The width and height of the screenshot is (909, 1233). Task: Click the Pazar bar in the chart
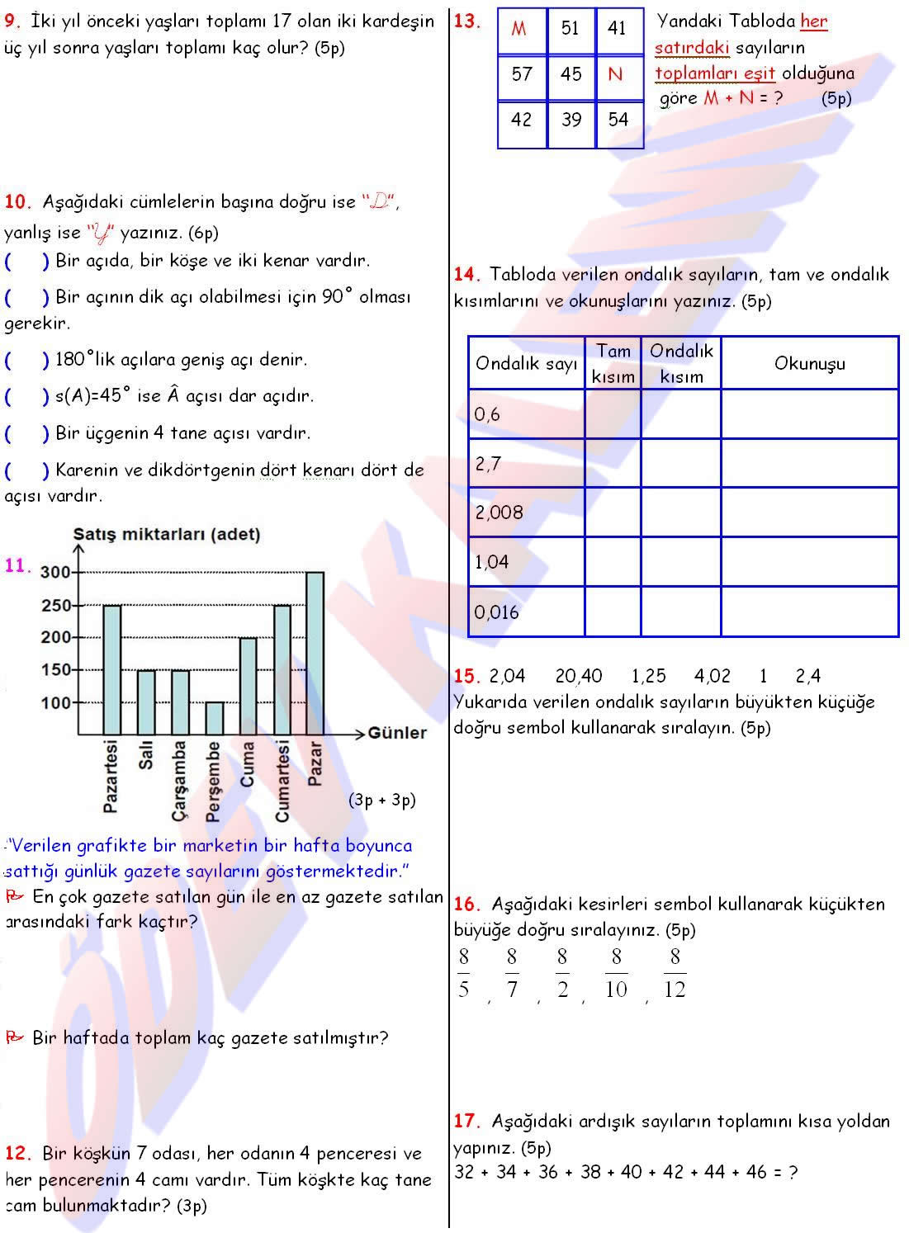tap(315, 653)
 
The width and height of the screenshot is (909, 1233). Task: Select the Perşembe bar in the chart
tap(214, 718)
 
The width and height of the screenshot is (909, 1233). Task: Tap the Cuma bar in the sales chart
tap(247, 686)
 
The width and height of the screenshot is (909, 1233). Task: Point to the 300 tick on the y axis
tap(55, 572)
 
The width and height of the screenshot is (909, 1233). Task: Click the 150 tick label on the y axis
tap(55, 670)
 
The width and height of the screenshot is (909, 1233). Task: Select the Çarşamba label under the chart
tap(179, 781)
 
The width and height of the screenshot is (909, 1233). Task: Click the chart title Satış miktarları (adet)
tap(167, 534)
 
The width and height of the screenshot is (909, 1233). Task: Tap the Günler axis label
tap(397, 733)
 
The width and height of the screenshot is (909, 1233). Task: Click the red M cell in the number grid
tap(520, 30)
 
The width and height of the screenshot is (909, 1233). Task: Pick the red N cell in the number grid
tap(615, 74)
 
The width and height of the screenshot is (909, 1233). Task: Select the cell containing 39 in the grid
tap(570, 120)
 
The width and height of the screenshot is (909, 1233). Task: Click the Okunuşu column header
tap(809, 363)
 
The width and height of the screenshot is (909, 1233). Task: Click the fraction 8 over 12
tap(675, 973)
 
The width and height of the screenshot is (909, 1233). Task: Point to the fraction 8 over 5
tap(463, 973)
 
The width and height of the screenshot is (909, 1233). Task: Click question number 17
tap(466, 1121)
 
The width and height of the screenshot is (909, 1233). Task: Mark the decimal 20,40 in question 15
tap(578, 676)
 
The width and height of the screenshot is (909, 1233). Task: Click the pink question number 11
tap(18, 566)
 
